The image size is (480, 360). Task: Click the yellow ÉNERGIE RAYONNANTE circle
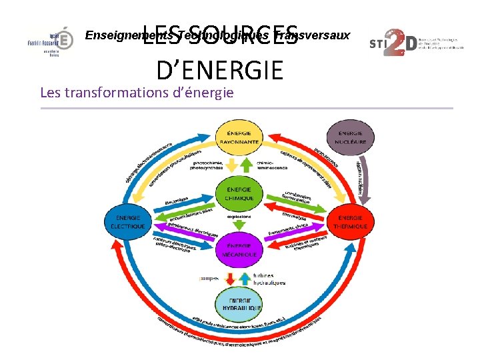click(x=238, y=137)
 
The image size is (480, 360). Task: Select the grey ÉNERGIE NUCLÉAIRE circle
click(x=350, y=137)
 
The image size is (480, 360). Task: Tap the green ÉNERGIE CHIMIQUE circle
click(x=238, y=193)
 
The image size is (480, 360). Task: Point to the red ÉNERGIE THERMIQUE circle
click(x=351, y=222)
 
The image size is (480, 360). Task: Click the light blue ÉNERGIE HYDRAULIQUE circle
click(x=238, y=306)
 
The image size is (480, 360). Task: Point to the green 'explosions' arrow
click(x=238, y=223)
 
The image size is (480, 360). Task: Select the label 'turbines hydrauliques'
click(x=269, y=279)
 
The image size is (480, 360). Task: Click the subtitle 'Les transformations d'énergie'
click(x=137, y=92)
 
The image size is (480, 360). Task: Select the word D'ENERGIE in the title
click(x=219, y=69)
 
